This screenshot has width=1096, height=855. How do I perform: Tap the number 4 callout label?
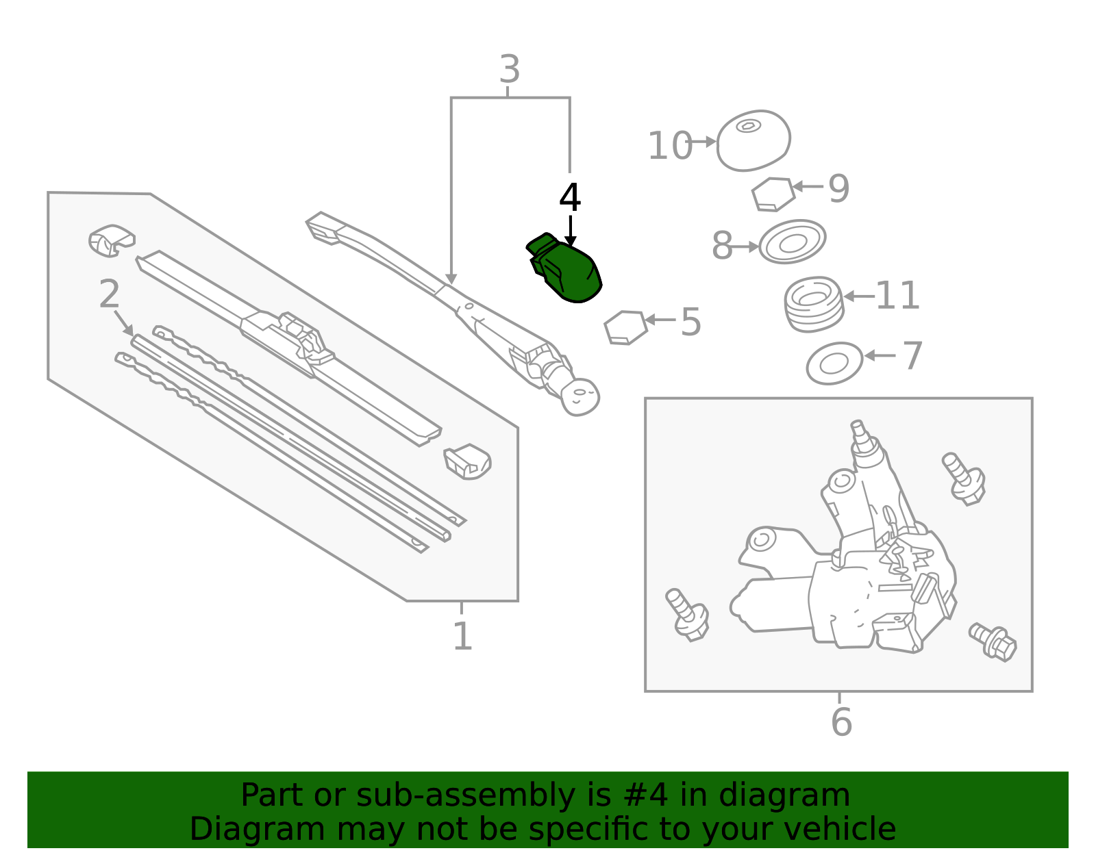[570, 199]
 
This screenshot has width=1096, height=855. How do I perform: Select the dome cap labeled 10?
[754, 140]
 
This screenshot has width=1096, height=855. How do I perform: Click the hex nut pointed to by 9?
[773, 194]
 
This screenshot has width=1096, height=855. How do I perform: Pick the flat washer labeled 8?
[793, 242]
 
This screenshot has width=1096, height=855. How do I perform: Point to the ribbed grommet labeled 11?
[813, 304]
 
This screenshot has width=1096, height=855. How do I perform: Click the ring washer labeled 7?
[834, 363]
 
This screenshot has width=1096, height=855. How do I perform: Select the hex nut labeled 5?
[625, 328]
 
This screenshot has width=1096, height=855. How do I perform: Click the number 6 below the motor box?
[841, 722]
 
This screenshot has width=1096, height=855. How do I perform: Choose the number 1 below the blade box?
[462, 637]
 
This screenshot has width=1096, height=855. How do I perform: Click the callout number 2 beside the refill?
[110, 295]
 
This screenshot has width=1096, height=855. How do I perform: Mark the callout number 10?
[669, 146]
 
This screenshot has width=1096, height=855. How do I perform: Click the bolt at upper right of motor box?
[964, 479]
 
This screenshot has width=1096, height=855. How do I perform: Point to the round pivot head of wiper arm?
[580, 397]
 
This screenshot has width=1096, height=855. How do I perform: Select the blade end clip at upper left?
[112, 240]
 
